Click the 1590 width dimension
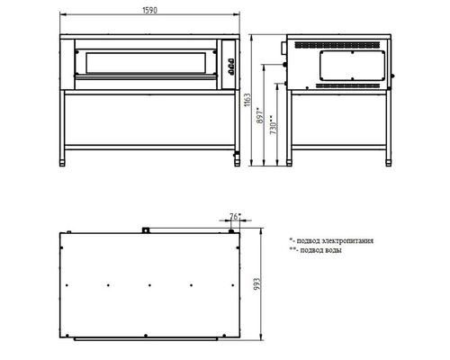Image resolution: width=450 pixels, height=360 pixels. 149,10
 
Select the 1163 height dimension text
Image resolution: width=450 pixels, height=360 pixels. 247,100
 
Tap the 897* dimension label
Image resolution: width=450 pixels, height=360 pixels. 260,115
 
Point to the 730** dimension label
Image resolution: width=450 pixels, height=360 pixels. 273,124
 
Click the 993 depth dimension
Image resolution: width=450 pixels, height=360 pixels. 257,284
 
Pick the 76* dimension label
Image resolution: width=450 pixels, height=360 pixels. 235,216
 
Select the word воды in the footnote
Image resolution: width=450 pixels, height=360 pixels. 333,250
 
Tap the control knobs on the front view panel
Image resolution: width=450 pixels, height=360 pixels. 230,66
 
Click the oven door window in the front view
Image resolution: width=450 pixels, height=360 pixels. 145,63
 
